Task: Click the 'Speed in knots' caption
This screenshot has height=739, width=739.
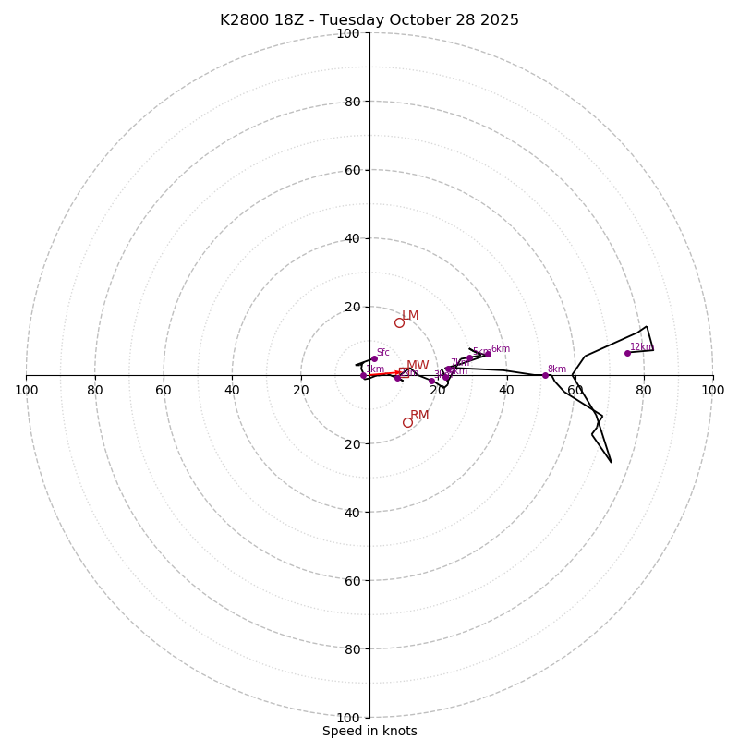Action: pyautogui.click(x=369, y=731)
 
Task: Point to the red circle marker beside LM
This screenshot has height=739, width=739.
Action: pyautogui.click(x=399, y=322)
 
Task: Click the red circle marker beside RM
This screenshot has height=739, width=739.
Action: pyautogui.click(x=407, y=422)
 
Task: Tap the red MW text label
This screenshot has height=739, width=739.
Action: pyautogui.click(x=418, y=366)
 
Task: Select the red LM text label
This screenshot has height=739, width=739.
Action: pyautogui.click(x=410, y=316)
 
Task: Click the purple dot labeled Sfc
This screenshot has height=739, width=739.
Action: pyautogui.click(x=374, y=358)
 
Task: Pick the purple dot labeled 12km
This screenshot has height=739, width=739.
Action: pyautogui.click(x=627, y=353)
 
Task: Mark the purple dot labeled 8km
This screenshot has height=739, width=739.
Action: pyautogui.click(x=545, y=375)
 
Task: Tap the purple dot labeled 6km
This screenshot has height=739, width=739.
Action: pyautogui.click(x=489, y=354)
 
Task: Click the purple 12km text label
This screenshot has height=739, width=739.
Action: pyautogui.click(x=641, y=347)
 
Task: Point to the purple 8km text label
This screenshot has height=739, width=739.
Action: pyautogui.click(x=557, y=369)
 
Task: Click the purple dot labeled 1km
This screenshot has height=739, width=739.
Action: pyautogui.click(x=363, y=376)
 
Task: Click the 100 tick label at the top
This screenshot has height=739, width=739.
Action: pyautogui.click(x=348, y=33)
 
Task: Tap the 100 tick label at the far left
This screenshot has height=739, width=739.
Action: pyautogui.click(x=26, y=390)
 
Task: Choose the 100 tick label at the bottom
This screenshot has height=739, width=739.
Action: pyautogui.click(x=348, y=717)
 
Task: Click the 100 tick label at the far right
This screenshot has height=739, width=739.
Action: pyautogui.click(x=713, y=390)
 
